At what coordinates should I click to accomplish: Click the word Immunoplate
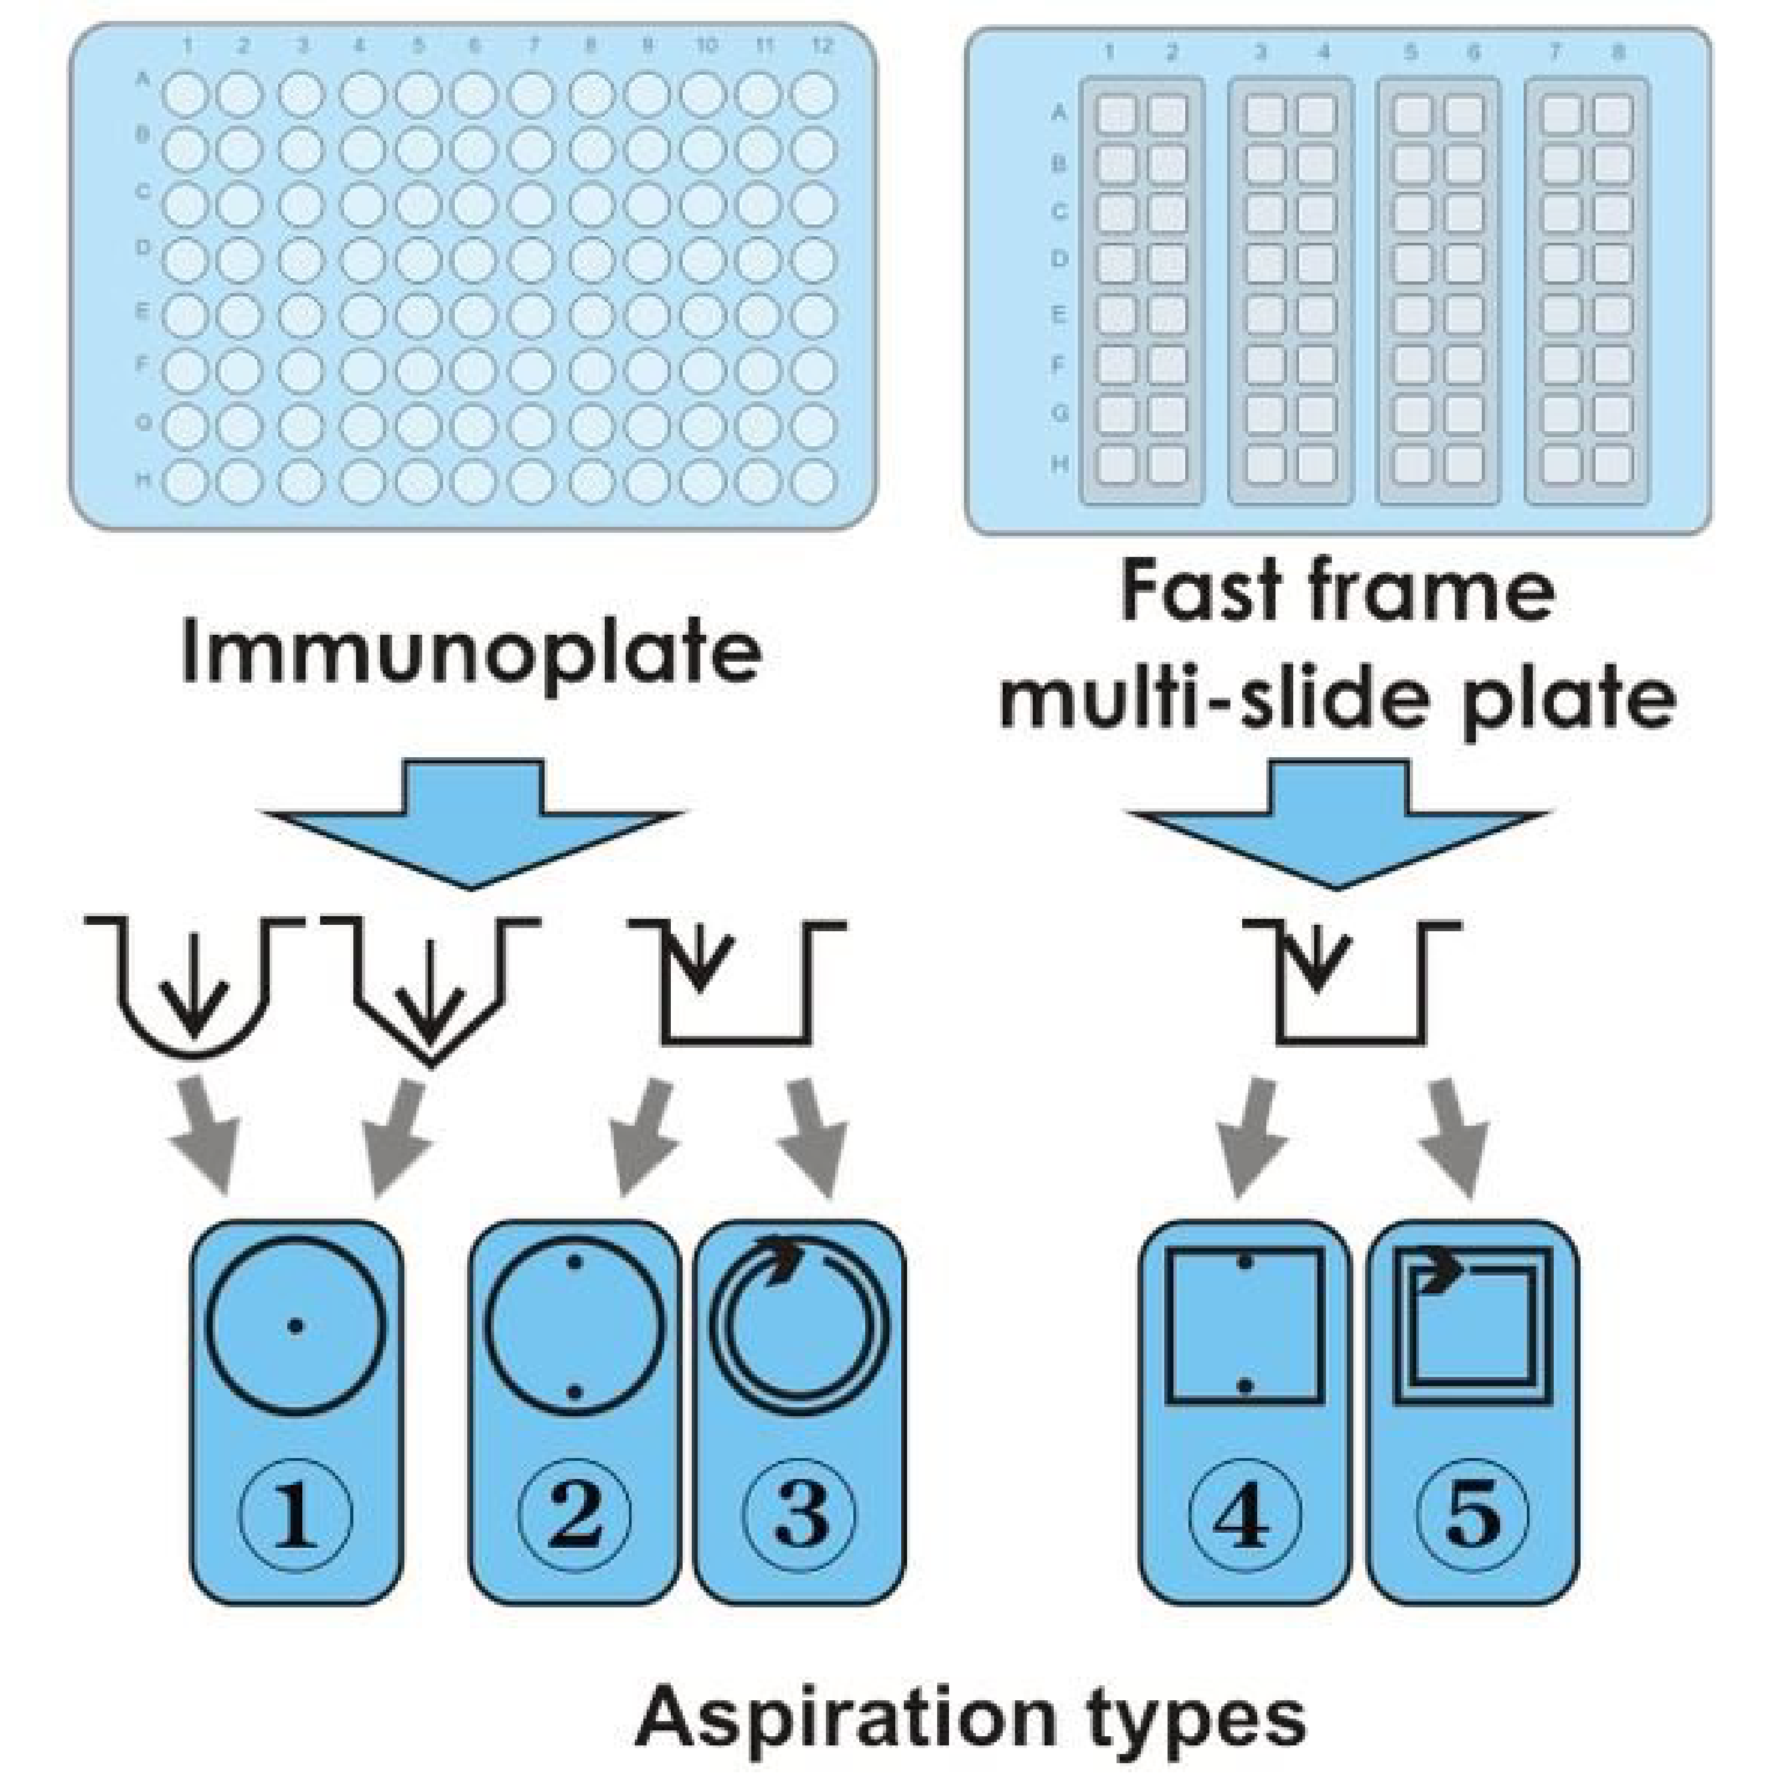470,653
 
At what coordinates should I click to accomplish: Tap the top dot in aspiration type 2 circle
575,1263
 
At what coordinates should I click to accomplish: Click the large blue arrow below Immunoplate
473,821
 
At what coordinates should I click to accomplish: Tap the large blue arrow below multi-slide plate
1337,821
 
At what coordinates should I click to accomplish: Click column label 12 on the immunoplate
822,46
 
